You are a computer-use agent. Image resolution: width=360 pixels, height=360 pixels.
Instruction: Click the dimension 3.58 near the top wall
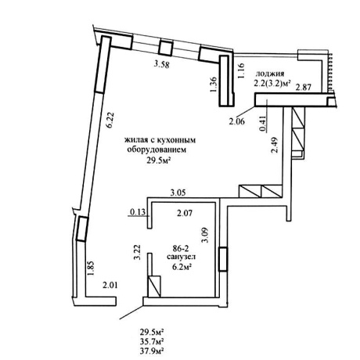(x=161, y=64)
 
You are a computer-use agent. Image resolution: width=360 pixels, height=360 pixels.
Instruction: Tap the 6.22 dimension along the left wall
(x=110, y=120)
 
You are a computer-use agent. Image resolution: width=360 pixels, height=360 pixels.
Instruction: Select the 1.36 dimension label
(x=213, y=85)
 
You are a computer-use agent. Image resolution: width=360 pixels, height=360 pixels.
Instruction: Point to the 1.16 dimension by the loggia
(x=241, y=70)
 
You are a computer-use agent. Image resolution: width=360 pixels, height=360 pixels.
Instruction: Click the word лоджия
(x=270, y=74)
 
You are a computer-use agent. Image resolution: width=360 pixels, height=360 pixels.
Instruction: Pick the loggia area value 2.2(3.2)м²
(x=272, y=83)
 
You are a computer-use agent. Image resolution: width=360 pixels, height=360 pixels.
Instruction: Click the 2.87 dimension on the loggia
(x=304, y=87)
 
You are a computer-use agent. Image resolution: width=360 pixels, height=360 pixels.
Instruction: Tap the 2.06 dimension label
(x=237, y=121)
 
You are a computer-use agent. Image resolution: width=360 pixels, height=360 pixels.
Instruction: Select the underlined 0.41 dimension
(x=265, y=123)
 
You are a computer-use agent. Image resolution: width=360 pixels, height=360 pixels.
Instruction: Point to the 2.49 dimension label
(x=275, y=146)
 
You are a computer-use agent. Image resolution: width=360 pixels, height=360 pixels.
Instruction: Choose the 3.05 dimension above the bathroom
(x=178, y=193)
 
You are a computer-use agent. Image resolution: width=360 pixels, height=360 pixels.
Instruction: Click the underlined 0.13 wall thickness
(x=139, y=212)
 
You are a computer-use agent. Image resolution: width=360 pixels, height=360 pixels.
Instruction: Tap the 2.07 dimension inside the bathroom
(x=185, y=214)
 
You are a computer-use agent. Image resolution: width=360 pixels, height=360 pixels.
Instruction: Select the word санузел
(x=182, y=257)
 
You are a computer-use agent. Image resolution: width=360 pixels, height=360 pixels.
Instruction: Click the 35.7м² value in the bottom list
(x=152, y=341)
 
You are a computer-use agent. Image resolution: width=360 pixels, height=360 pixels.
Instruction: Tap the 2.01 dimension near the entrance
(x=110, y=286)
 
